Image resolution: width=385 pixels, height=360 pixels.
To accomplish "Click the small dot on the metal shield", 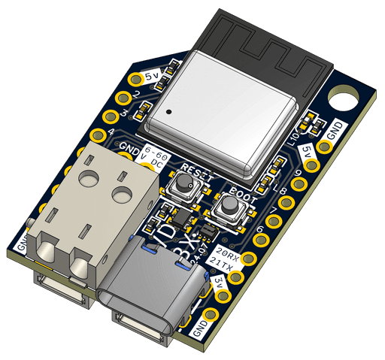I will click(x=169, y=113).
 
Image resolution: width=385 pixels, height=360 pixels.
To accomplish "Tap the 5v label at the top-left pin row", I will click(x=152, y=76).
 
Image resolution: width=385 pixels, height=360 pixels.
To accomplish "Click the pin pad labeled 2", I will click(x=125, y=96).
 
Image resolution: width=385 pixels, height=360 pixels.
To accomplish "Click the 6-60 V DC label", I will click(x=155, y=155).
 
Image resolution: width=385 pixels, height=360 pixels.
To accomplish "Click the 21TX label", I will click(x=220, y=262).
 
